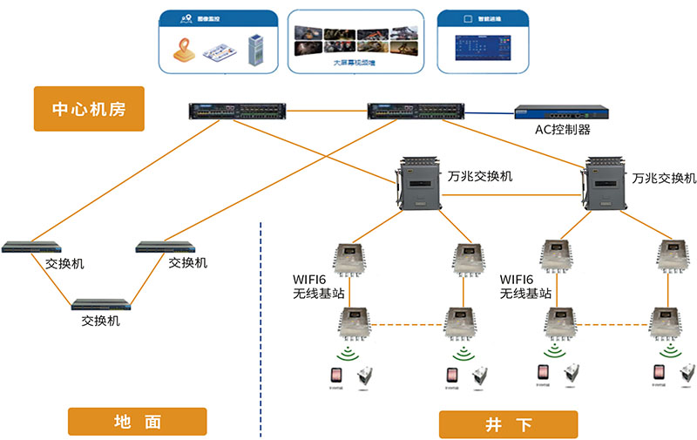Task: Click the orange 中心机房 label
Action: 87,109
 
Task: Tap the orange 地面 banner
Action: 137,422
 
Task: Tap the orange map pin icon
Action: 185,52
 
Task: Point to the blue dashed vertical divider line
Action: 262,331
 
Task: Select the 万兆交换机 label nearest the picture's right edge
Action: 665,178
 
